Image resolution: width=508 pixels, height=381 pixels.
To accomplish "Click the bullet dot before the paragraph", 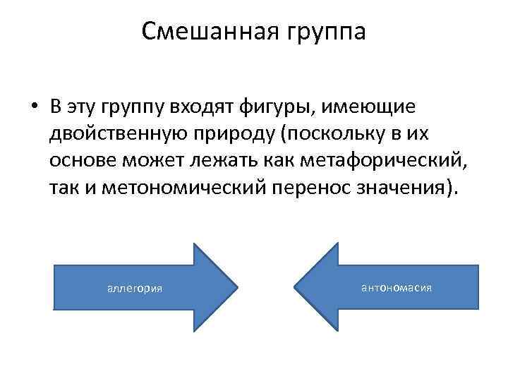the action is (33, 108).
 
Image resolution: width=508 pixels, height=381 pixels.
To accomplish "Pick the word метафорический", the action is (381, 162).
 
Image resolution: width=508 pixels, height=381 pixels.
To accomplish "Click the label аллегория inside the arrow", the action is (134, 288).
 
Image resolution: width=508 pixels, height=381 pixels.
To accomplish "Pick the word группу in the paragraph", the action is (132, 109).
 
